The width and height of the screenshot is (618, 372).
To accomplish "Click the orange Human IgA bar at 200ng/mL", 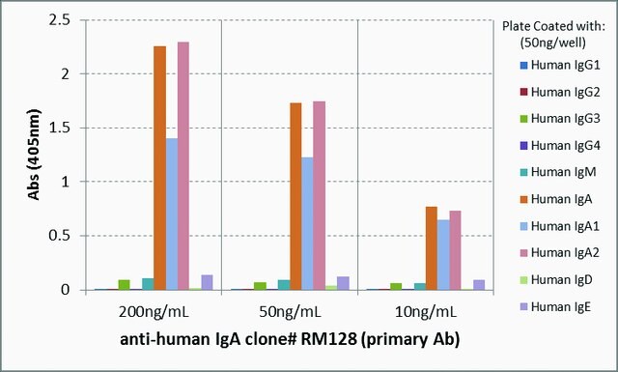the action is [x=159, y=168].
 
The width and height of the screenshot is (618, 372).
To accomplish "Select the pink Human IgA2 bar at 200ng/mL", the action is [x=183, y=166].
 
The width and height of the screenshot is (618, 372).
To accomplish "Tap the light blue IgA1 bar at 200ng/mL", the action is [x=172, y=215].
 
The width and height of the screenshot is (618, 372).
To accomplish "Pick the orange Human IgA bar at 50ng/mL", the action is [x=295, y=196].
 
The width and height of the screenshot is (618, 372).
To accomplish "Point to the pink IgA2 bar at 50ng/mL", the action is [x=320, y=196].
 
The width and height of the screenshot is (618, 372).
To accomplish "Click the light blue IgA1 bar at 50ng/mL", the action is [x=307, y=223].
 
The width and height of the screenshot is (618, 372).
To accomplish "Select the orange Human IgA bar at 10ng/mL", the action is [x=432, y=248].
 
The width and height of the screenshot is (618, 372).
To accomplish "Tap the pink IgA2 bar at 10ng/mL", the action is [x=455, y=250].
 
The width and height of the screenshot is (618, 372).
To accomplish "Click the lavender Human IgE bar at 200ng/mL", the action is [x=207, y=282].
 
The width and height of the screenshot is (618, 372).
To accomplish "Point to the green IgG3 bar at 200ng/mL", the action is [x=125, y=285].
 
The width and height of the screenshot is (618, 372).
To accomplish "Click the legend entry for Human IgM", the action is [x=558, y=172].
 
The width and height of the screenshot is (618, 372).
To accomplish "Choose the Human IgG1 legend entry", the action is [x=560, y=65].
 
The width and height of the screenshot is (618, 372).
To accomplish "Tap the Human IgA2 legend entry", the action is [x=560, y=252].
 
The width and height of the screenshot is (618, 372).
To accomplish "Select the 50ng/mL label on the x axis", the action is [x=291, y=312].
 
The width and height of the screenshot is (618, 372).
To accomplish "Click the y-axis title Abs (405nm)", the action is [x=35, y=154].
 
